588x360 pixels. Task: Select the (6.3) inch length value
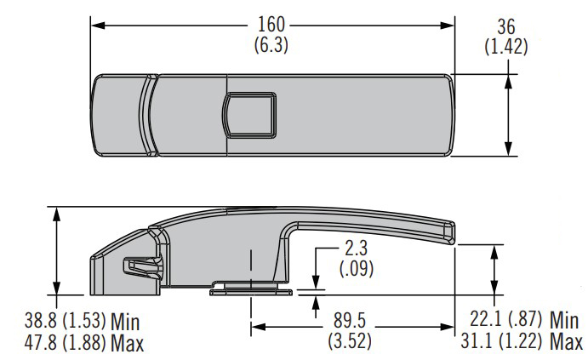point(271,45)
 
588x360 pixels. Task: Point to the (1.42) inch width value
point(506,47)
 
